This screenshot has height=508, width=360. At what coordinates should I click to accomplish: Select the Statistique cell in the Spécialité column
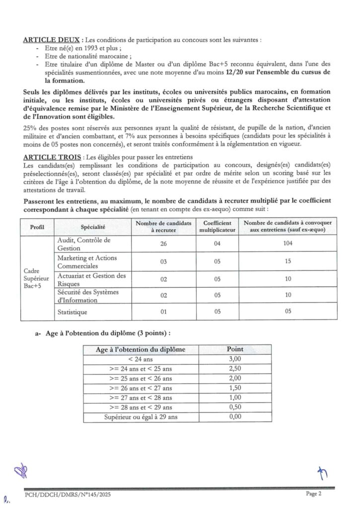click(72, 312)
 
